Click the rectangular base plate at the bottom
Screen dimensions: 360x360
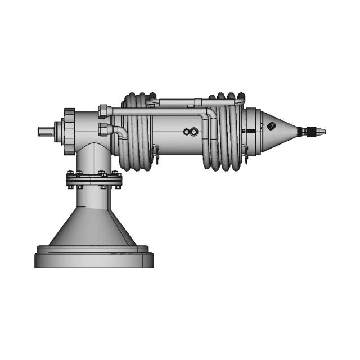(x=94, y=258)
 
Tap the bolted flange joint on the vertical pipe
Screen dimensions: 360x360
(x=94, y=179)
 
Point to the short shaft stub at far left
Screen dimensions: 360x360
(x=46, y=132)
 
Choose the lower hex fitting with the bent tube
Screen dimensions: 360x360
(x=103, y=130)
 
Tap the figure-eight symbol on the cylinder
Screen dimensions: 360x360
(x=190, y=132)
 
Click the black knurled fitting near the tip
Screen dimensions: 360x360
(x=305, y=132)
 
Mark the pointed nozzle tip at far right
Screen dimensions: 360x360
(x=320, y=133)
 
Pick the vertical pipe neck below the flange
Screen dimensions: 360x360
(x=93, y=194)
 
